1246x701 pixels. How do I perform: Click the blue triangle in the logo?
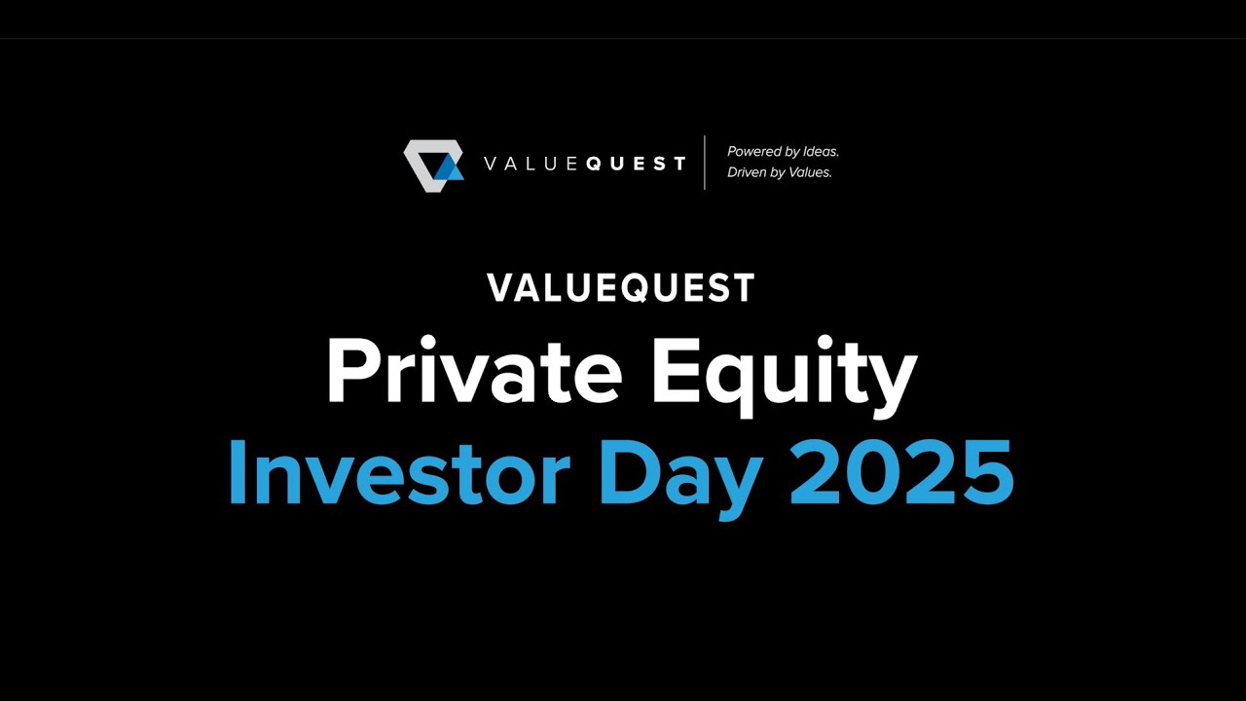pyautogui.click(x=449, y=169)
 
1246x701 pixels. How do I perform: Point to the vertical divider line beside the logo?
pyautogui.click(x=705, y=163)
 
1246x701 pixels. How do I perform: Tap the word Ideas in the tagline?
pyautogui.click(x=821, y=152)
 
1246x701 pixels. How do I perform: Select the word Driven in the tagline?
pyautogui.click(x=747, y=172)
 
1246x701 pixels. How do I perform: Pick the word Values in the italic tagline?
pyautogui.click(x=813, y=172)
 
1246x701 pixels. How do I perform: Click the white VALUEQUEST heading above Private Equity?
pyautogui.click(x=621, y=288)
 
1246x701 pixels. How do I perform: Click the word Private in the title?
pyautogui.click(x=473, y=371)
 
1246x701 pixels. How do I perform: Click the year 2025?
pyautogui.click(x=901, y=473)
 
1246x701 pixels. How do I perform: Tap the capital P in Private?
pyautogui.click(x=352, y=371)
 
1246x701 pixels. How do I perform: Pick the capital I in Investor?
pyautogui.click(x=237, y=473)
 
